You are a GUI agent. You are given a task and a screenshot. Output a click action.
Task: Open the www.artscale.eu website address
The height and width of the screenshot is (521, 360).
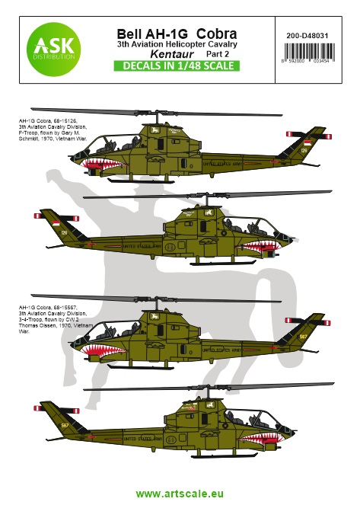(x=180, y=494)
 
